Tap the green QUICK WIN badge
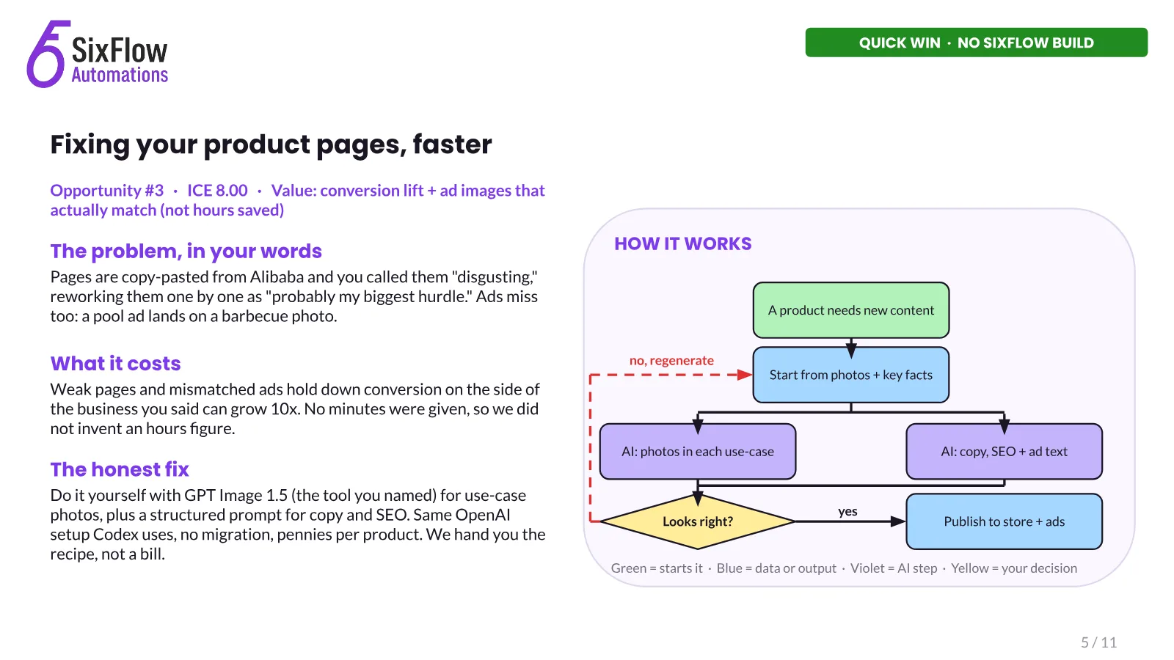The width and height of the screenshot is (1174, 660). click(976, 43)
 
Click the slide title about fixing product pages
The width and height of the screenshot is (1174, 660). click(271, 144)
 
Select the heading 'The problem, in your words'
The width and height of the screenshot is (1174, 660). click(186, 252)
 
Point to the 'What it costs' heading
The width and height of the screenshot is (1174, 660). click(115, 364)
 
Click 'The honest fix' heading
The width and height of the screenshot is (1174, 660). click(120, 469)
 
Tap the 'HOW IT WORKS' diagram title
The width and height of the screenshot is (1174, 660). click(683, 243)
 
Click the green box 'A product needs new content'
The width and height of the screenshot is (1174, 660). click(850, 310)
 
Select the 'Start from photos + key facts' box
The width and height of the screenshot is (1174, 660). click(850, 375)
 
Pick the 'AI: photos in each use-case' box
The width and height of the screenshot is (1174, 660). click(698, 452)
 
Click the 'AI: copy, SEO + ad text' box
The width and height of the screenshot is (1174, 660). click(1004, 452)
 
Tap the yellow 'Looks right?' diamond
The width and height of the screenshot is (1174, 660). click(698, 521)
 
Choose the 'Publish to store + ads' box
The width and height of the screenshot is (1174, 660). click(1004, 521)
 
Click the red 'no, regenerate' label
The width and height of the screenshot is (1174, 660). click(671, 360)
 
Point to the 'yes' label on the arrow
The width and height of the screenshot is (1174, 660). click(847, 512)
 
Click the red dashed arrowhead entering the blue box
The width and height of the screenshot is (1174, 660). click(745, 375)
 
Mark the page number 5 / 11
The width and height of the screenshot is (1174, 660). click(1098, 642)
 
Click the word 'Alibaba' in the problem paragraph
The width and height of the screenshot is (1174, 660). click(275, 276)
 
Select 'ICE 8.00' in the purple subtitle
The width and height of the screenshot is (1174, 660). click(217, 191)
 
